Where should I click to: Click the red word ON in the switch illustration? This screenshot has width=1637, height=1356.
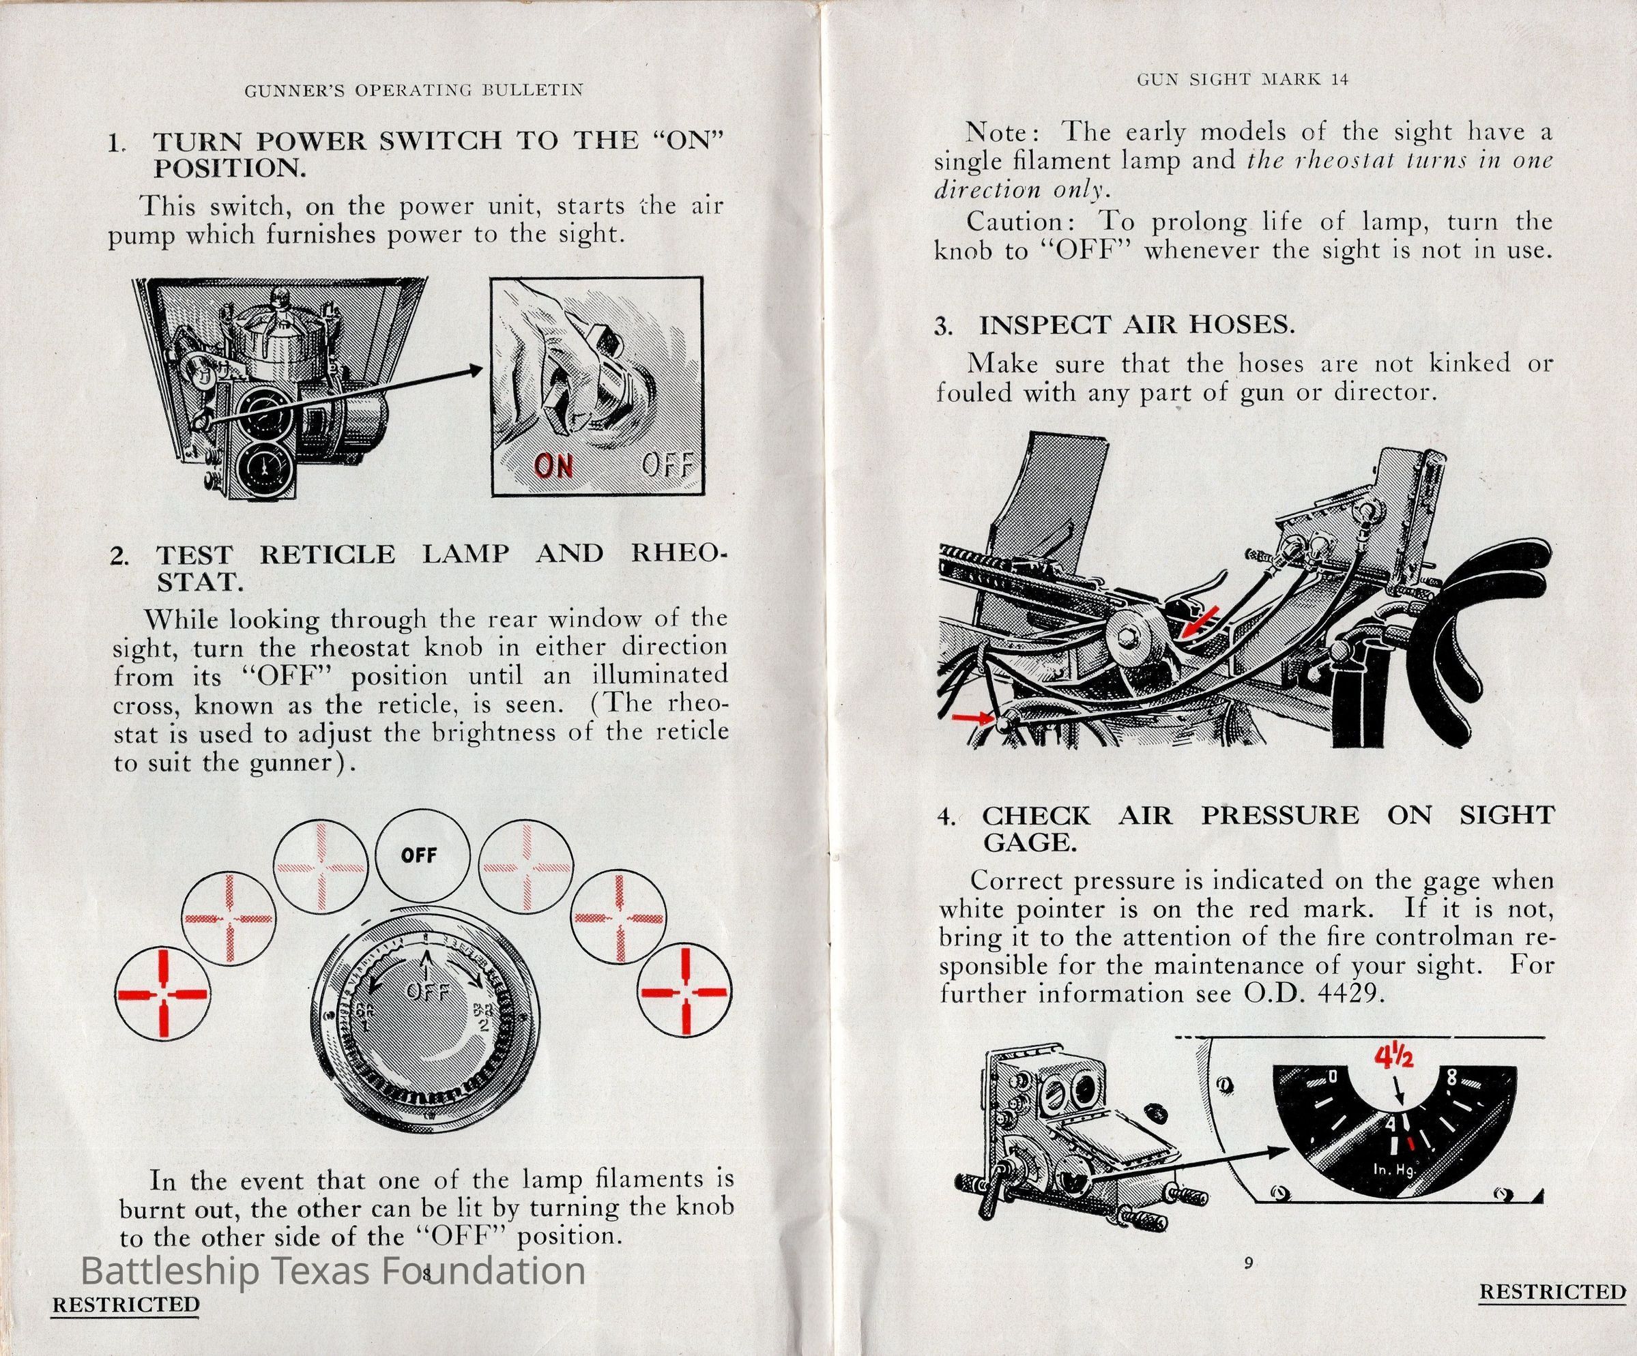[x=553, y=466]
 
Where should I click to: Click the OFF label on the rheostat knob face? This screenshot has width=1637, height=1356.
[x=427, y=992]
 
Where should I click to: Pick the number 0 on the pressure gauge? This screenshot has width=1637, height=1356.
[x=1332, y=1078]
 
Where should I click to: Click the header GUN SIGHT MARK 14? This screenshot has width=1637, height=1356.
[x=1243, y=80]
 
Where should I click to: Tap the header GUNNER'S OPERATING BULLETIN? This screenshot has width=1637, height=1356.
[x=414, y=91]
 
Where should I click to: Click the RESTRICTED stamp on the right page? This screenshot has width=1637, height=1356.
[x=1552, y=1292]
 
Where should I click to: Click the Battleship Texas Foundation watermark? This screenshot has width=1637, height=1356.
[x=333, y=1271]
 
